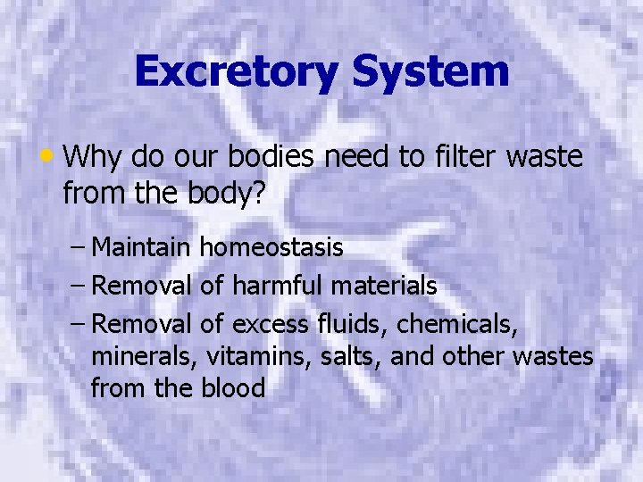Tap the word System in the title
tap(430, 71)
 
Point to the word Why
tap(94, 158)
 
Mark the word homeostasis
tap(271, 247)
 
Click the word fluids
tap(350, 324)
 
